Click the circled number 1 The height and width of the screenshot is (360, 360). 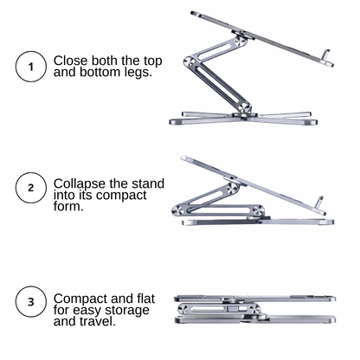pyautogui.click(x=31, y=67)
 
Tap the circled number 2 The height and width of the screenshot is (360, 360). pyautogui.click(x=31, y=188)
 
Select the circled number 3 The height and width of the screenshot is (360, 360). pyautogui.click(x=31, y=302)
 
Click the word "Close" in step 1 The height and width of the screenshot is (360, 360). pyautogui.click(x=72, y=61)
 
